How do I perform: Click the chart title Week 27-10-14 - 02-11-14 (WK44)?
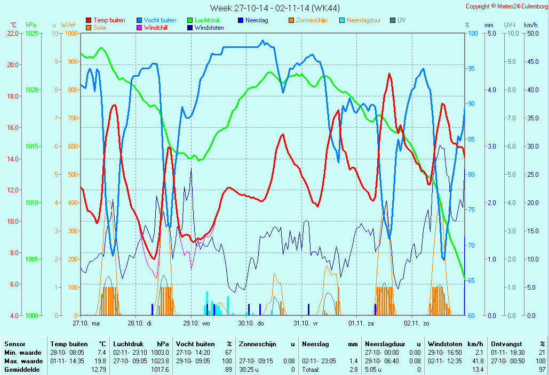point(274,7)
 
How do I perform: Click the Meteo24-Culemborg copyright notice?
point(506,6)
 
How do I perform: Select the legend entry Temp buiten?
point(109,20)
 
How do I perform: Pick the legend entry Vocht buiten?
point(160,20)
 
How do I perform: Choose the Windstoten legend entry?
point(209,28)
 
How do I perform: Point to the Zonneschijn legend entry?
point(311,20)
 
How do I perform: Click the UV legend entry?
point(401,20)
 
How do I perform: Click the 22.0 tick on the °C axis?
point(13,33)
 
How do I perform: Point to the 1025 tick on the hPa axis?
point(32,33)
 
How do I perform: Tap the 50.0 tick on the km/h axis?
point(530,33)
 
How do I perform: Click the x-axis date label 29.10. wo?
point(196,323)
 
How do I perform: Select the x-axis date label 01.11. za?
point(361,323)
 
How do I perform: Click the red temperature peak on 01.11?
point(389,74)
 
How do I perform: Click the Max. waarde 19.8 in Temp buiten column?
point(100,361)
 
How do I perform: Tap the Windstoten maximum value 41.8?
point(476,361)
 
